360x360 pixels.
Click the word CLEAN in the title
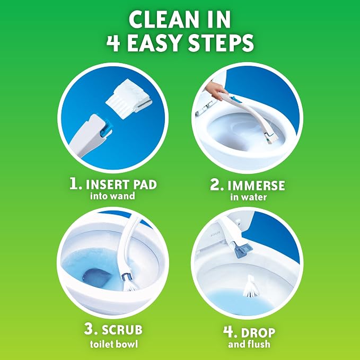(x=163, y=20)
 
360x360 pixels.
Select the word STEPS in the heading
(x=221, y=43)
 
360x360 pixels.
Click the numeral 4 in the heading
(x=113, y=43)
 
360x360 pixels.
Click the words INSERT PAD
(x=121, y=185)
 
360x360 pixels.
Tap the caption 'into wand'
(x=112, y=196)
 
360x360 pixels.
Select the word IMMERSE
(x=256, y=186)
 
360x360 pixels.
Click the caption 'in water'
(x=249, y=197)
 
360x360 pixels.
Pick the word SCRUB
(x=122, y=330)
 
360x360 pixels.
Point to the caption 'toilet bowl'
(x=114, y=344)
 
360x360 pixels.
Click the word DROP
(x=258, y=332)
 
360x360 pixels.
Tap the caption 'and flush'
(x=249, y=344)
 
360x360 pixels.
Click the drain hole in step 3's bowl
(x=96, y=277)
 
